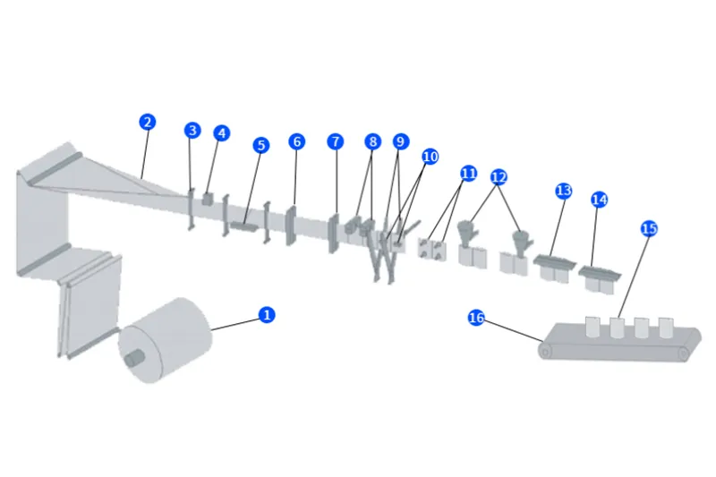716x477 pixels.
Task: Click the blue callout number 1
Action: coord(266,314)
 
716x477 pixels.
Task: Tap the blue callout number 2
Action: coord(147,122)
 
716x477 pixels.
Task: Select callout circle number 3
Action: coord(192,131)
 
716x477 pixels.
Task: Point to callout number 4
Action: coord(221,133)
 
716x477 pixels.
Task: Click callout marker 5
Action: coord(260,145)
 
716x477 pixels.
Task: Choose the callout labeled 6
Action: coord(296,141)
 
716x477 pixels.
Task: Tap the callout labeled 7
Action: coord(335,141)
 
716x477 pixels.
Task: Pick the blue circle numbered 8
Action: coord(372,141)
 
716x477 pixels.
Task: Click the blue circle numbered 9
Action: coord(401,141)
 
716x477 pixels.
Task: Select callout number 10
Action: coord(430,157)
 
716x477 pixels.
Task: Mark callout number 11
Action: coord(469,172)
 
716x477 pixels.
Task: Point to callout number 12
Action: coord(499,177)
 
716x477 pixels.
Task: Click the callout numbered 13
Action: coord(563,191)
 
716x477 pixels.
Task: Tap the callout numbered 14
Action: coord(600,199)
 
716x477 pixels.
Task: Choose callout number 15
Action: coord(649,228)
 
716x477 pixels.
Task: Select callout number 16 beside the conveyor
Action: coord(477,318)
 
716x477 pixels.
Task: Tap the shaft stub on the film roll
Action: coord(134,356)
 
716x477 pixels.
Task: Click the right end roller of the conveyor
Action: coord(685,354)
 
